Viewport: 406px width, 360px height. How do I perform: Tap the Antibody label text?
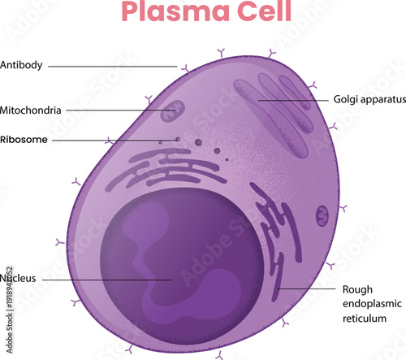[x=23, y=65]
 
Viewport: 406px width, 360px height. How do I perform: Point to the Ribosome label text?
[x=24, y=140]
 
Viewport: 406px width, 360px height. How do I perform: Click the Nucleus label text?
[x=19, y=279]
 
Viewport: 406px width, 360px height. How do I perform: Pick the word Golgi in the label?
[x=345, y=100]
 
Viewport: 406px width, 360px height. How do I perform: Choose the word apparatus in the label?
[x=382, y=100]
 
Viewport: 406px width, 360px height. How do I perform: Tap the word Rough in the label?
[x=356, y=289]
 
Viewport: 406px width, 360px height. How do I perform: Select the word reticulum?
[x=366, y=319]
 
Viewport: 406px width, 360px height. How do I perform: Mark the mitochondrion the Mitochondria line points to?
[x=172, y=111]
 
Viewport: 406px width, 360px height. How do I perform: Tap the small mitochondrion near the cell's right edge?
[x=322, y=216]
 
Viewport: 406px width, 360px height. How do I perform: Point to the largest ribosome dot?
[x=198, y=143]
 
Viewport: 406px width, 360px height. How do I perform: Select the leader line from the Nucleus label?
[x=106, y=279]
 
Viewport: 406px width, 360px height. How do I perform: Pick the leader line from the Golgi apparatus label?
[x=292, y=100]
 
